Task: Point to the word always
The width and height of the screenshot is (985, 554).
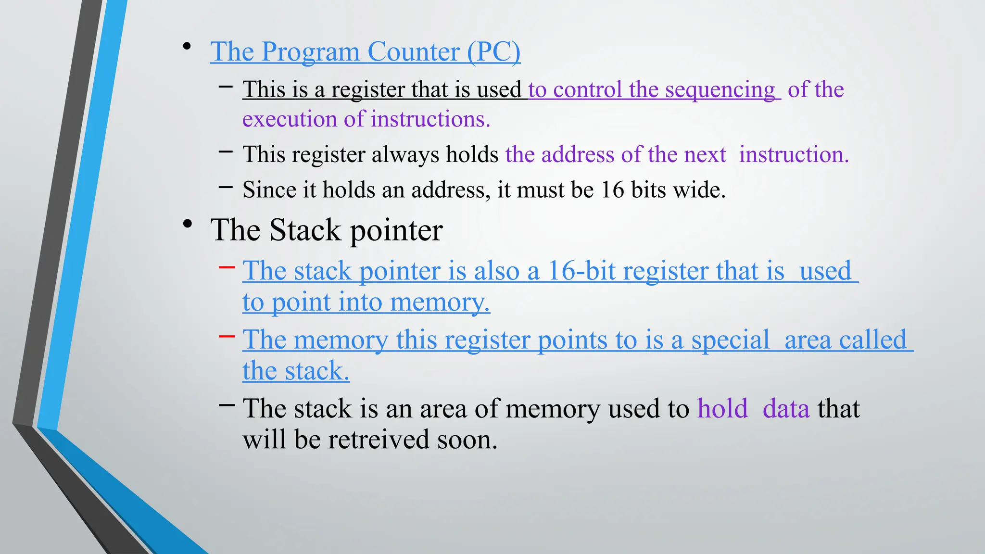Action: [405, 155]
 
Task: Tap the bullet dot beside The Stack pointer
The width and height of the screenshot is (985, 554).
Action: [188, 224]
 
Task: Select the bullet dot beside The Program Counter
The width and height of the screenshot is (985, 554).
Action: [187, 47]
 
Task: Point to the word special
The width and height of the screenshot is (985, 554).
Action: [730, 340]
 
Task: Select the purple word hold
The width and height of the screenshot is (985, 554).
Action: [722, 409]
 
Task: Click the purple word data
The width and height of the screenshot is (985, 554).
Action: [786, 409]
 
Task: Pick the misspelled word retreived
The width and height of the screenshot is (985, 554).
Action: [379, 440]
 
